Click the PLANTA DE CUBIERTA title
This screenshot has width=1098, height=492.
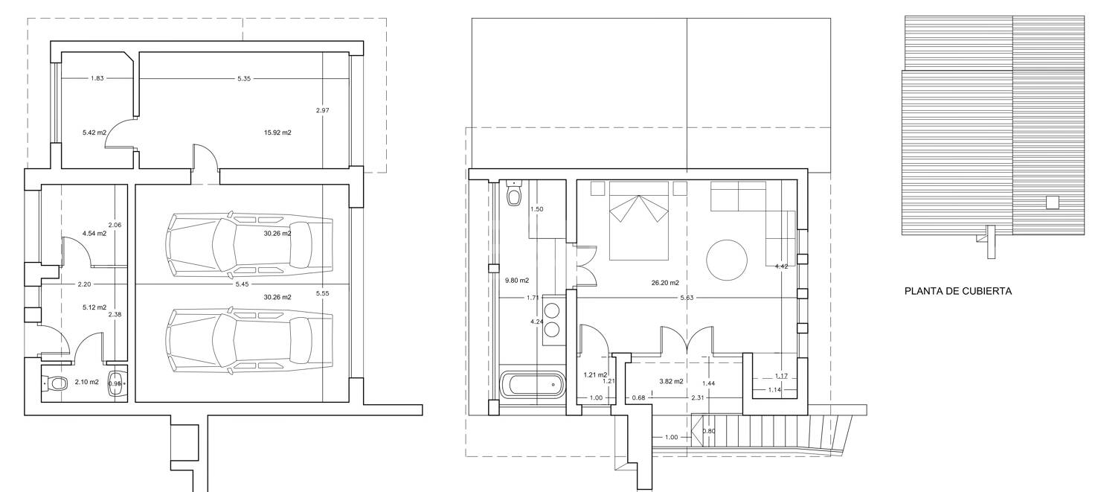point(958,291)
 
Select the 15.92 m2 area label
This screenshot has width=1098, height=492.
point(277,132)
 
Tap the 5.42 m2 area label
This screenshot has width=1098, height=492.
point(94,132)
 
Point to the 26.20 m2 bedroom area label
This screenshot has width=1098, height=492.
point(665,283)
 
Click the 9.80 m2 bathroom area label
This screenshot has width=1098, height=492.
point(517,281)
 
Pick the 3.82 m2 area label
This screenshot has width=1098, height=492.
point(671,381)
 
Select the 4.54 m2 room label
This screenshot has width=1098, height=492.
point(94,234)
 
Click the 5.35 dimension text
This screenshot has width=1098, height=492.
point(243,78)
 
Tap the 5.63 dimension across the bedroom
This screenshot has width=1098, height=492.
point(687,298)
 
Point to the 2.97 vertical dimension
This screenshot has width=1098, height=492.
point(323,110)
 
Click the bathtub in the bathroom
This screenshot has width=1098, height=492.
point(532,384)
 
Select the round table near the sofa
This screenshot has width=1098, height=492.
point(727,260)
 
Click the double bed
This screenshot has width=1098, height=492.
point(639,220)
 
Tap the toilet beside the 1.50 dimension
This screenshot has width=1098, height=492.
point(514,194)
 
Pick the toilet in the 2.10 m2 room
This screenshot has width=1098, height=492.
point(55,383)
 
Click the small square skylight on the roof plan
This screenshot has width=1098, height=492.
point(1052,202)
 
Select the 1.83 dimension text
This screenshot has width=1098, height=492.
point(97,78)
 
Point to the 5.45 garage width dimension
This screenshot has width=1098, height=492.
point(243,284)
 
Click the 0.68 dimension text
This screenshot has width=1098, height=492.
point(639,397)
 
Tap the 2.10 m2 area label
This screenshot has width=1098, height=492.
point(87,382)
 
